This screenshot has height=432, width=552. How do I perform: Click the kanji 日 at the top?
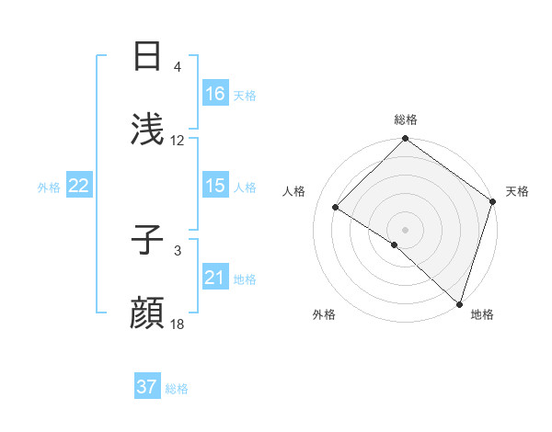coord(147,57)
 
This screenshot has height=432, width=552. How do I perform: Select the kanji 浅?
coord(147,131)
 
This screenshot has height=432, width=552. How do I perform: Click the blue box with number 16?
coord(215,94)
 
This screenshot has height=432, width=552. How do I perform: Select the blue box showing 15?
coord(215,186)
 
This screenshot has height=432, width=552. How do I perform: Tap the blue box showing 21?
coord(215,278)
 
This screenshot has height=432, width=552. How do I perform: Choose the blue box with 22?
coord(79,186)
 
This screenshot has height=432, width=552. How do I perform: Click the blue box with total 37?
coord(147,387)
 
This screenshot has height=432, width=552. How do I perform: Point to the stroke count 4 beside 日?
coord(178,67)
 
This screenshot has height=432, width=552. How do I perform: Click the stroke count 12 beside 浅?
coord(178,141)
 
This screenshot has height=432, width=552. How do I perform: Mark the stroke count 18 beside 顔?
coord(178,324)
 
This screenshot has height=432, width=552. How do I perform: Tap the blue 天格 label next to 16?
coord(245,95)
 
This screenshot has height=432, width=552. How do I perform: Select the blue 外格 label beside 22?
coord(49,187)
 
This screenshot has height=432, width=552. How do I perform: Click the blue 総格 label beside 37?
coord(177,388)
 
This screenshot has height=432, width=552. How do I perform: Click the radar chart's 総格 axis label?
coord(405,119)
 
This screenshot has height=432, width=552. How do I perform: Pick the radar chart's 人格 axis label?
coord(294,191)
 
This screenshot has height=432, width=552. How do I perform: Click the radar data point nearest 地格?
coord(459,303)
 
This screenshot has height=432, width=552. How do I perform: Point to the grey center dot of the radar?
coord(405,229)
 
